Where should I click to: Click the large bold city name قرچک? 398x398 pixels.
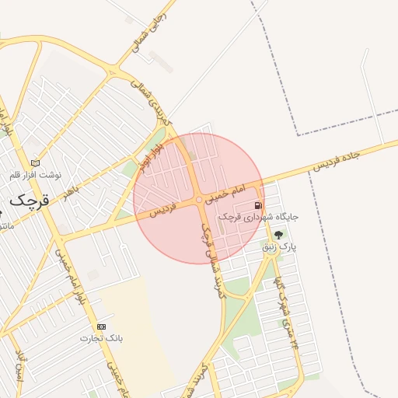click(x=30, y=199)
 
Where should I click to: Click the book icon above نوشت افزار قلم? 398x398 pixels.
click(x=34, y=162)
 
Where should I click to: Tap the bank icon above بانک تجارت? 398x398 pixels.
click(x=100, y=326)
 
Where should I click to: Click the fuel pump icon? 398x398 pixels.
click(x=258, y=206)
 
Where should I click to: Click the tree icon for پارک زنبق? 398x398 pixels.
click(x=279, y=234)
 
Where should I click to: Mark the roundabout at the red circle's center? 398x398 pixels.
click(x=199, y=200)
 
